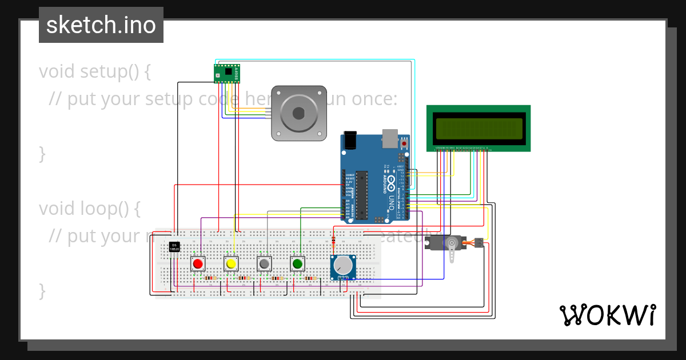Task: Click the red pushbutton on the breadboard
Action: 198,263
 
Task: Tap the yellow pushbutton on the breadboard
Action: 231,263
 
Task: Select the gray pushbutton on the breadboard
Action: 264,263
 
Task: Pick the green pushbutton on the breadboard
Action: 297,263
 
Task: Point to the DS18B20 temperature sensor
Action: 174,247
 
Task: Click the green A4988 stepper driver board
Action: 227,73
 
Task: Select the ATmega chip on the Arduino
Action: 361,194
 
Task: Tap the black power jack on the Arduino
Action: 349,141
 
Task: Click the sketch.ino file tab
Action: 101,25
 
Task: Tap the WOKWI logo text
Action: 607,315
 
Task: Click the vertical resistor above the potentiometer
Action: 334,239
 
